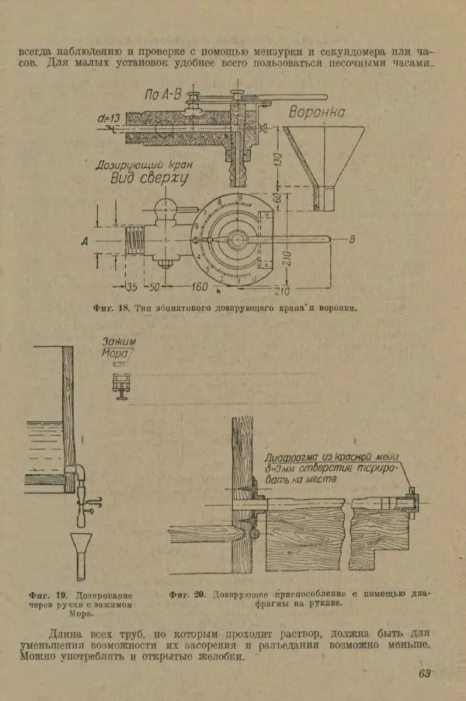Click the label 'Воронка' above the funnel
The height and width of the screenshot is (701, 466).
click(316, 113)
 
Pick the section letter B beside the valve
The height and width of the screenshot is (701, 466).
click(352, 239)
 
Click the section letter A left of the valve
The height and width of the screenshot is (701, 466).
click(84, 242)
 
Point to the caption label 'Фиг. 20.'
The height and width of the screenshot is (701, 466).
click(186, 595)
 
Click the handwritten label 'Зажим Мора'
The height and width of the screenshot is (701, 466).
click(119, 347)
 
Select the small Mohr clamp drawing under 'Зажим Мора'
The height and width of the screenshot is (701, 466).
click(120, 384)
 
